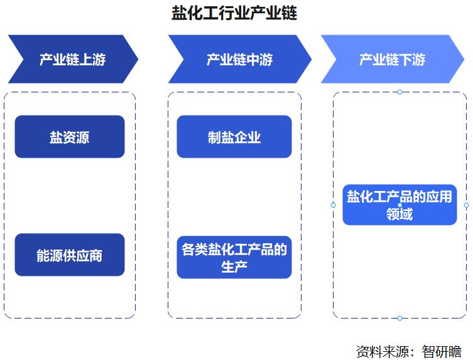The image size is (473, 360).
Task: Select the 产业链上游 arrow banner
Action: (x=72, y=59)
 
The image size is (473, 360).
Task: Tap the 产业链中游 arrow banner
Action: (x=239, y=59)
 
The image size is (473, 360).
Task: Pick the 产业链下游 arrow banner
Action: (x=392, y=59)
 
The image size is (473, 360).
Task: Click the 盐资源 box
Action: (x=70, y=136)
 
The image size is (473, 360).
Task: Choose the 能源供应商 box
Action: (x=70, y=255)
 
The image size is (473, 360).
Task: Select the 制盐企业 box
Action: (x=234, y=136)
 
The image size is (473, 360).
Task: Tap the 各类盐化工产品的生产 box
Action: (x=234, y=258)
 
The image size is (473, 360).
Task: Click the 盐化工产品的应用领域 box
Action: (x=400, y=205)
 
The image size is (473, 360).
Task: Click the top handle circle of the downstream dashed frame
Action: (x=400, y=92)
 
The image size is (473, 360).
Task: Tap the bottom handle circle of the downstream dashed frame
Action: (x=400, y=318)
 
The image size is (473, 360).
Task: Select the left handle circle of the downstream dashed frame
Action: (x=333, y=205)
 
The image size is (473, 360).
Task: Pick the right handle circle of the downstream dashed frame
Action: (x=466, y=205)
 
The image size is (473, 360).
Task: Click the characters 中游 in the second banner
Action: (x=259, y=59)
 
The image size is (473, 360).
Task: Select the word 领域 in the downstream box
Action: (x=400, y=214)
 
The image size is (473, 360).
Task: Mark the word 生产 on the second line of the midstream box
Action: (x=234, y=266)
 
